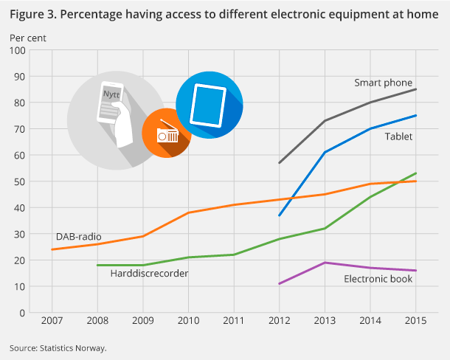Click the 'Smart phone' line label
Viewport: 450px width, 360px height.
383,83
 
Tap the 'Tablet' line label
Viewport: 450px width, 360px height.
398,136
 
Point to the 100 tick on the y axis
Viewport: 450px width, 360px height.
18,50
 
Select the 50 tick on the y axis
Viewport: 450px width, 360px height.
20,181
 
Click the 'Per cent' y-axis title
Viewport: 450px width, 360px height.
27,36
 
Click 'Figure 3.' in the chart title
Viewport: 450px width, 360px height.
32,13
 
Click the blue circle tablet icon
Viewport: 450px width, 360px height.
210,105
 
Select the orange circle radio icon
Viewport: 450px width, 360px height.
166,134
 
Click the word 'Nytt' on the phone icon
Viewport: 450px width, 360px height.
111,94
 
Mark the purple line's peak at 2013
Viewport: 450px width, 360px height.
325,263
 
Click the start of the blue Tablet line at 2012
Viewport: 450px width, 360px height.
279,215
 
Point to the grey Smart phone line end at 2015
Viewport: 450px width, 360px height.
415,89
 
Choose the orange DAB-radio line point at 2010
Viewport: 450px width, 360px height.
188,212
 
